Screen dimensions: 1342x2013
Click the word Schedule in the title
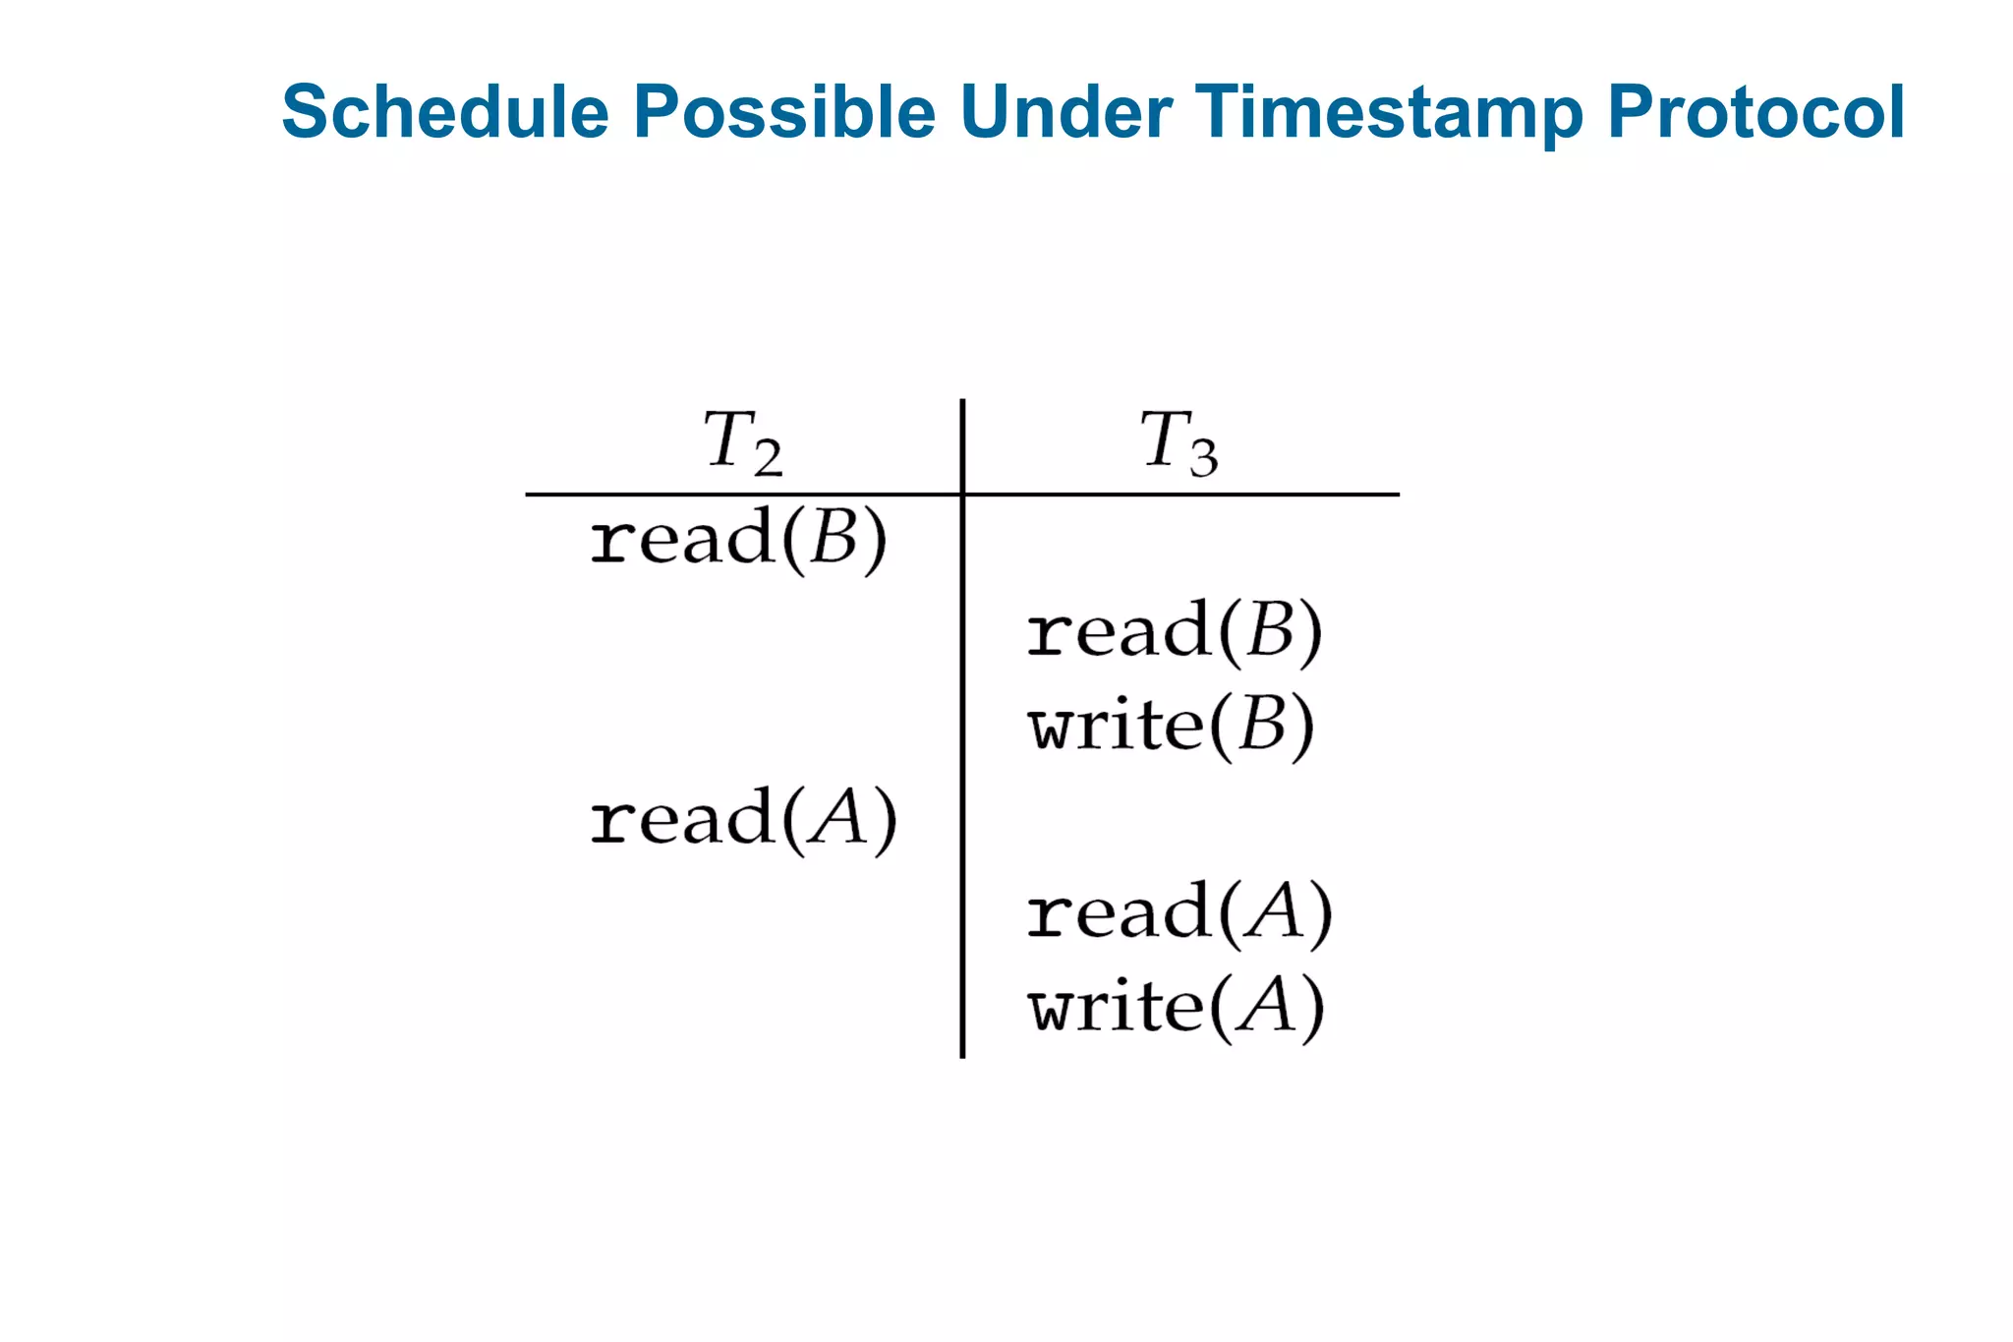tap(445, 112)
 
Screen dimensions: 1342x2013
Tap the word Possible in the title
tap(783, 112)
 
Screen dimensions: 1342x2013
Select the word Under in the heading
tap(1065, 112)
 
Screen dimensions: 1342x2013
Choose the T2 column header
tap(742, 441)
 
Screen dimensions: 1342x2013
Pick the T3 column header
tap(1179, 441)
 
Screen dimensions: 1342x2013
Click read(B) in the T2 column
tap(738, 539)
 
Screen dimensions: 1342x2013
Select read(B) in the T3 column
tap(1175, 631)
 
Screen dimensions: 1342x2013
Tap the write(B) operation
tap(1171, 726)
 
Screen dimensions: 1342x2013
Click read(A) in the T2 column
tap(743, 819)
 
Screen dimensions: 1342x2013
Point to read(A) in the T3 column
tap(1179, 912)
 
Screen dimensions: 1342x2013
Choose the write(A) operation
tap(1176, 1007)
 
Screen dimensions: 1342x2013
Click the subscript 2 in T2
tap(768, 458)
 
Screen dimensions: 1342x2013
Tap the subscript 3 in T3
tap(1204, 458)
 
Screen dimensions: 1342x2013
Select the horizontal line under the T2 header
tap(742, 495)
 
